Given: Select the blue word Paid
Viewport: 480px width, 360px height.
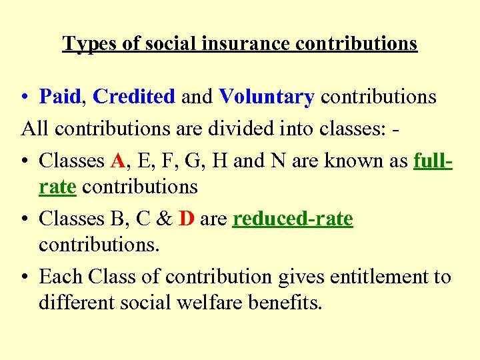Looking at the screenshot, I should point(60,97).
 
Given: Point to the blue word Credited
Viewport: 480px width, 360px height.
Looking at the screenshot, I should point(134,97).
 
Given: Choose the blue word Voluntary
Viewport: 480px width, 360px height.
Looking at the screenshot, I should point(266,97).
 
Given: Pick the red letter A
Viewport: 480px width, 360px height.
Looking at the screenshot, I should point(117,161).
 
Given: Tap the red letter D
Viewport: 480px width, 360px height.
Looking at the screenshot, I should point(187,219).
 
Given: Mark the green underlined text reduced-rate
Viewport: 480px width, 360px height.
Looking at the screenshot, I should point(293,219).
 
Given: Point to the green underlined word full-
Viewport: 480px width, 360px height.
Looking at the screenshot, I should point(433,161).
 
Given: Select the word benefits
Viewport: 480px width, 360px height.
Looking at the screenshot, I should point(285,303).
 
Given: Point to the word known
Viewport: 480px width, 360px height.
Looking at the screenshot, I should point(360,161).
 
